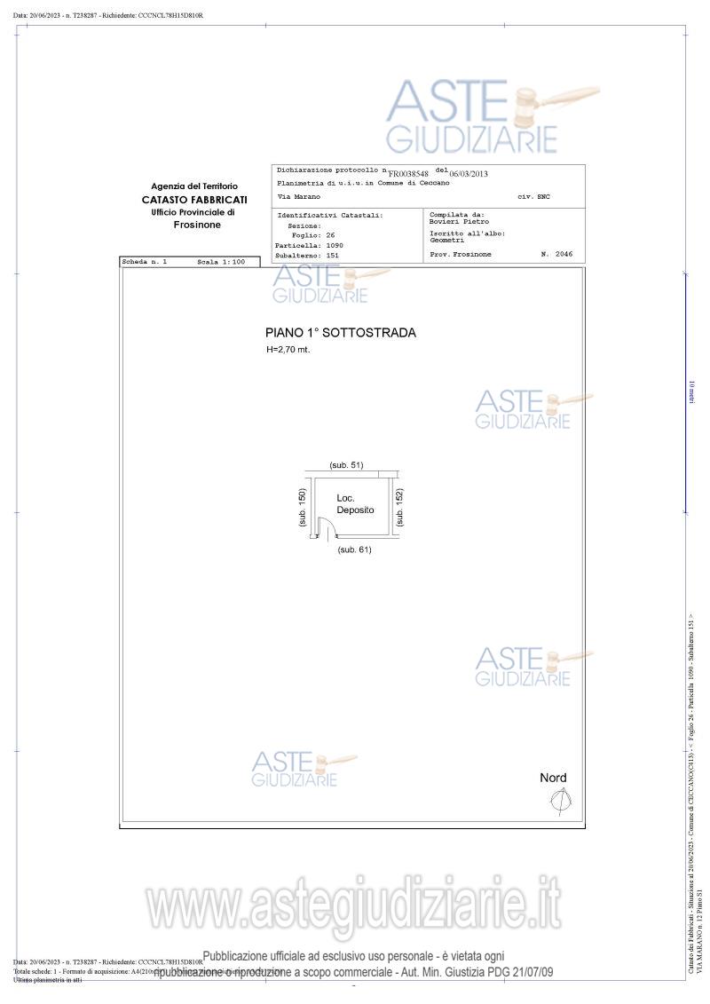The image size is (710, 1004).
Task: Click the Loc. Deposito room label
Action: coord(355,504)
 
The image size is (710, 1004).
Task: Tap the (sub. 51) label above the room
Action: coord(346,465)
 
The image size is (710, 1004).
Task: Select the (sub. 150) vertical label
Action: coord(303,509)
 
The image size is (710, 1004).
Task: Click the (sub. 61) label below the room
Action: coord(355,550)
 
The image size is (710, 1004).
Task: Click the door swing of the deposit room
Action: coord(327,530)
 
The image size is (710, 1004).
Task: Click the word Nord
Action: coord(553,779)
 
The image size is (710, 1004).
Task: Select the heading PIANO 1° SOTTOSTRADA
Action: coord(340,333)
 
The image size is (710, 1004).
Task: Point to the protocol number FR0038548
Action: coord(408,174)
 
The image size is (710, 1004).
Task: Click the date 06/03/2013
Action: coord(469,174)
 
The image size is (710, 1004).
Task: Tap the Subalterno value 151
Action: coord(333,256)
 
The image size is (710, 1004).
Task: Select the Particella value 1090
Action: coord(335,245)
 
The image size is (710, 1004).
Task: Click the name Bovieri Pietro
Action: coord(459,222)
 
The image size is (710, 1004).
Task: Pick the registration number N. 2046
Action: coord(556,254)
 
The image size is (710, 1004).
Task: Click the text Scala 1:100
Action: coord(221,263)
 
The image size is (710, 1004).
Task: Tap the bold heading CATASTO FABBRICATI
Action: coord(194,200)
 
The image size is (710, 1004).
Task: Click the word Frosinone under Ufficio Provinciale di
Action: coord(197,225)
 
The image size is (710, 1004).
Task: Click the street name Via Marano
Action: coord(299,196)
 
